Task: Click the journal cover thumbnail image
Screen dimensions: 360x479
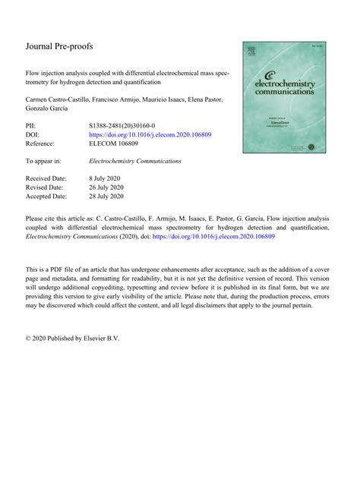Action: pyautogui.click(x=286, y=94)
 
